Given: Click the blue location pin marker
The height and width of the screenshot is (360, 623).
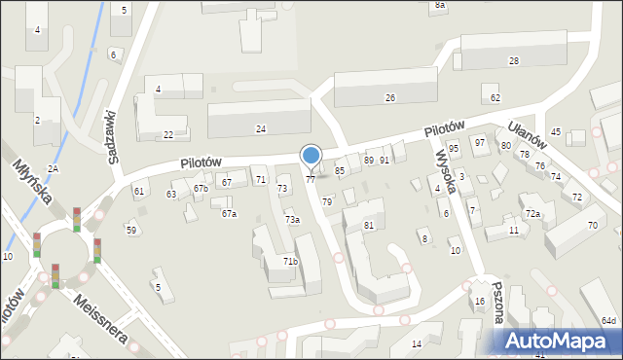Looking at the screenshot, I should [311, 156].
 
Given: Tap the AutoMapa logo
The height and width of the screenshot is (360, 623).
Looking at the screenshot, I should [559, 340].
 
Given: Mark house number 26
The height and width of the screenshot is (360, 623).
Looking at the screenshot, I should [390, 98].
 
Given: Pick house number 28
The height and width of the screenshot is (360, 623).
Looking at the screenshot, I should [513, 61].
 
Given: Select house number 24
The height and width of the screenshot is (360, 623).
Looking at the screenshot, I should [261, 128].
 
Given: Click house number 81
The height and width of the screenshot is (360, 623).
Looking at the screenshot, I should [369, 226].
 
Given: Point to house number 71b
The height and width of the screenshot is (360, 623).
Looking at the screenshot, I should [290, 262].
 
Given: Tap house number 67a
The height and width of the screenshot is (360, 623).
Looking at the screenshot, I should [229, 213].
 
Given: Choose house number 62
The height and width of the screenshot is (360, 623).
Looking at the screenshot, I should [495, 97].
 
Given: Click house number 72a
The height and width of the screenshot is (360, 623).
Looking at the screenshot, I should [532, 213].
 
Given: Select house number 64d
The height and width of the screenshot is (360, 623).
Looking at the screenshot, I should [608, 320].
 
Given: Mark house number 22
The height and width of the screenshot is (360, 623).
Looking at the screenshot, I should [168, 135].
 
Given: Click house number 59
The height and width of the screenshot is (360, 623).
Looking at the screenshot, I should [131, 230].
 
